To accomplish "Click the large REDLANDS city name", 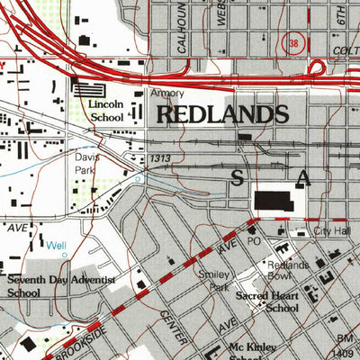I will [x=223, y=114].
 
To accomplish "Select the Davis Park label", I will [x=87, y=162].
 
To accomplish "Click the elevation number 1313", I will [x=162, y=157].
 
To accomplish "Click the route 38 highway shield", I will [x=293, y=42].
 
